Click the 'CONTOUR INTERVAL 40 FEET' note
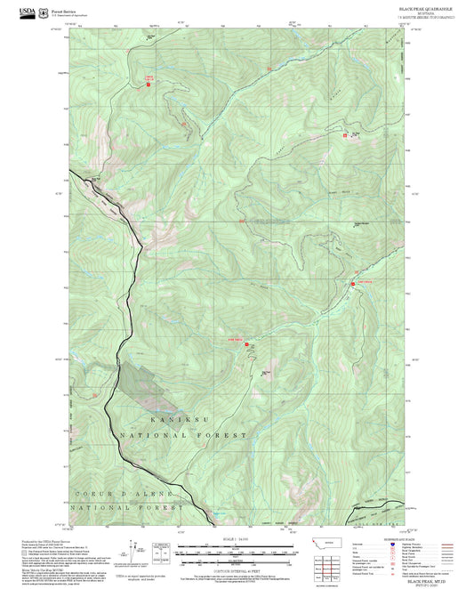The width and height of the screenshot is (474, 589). tap(237, 567)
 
